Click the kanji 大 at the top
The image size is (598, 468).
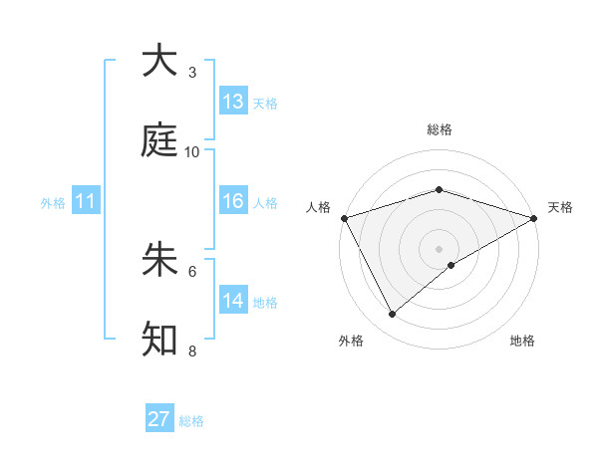(x=160, y=61)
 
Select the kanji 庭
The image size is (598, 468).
(x=160, y=140)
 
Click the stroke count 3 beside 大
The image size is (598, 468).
(x=192, y=73)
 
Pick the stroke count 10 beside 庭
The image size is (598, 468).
(x=192, y=152)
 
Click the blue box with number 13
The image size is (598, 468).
(x=233, y=102)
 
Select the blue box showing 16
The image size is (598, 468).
(x=233, y=201)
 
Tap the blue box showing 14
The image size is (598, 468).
(x=233, y=301)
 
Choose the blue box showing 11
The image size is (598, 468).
(x=86, y=201)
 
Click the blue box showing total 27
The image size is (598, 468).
(x=159, y=419)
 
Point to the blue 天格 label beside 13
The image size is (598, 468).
(x=265, y=103)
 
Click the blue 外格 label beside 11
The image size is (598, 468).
(x=53, y=202)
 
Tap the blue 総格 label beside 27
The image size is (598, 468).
(x=191, y=420)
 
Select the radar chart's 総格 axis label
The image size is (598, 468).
(x=440, y=129)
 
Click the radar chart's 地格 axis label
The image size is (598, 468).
(x=522, y=342)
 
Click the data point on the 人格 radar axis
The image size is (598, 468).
(x=345, y=218)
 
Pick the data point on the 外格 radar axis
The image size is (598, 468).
(x=393, y=315)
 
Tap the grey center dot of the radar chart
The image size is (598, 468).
(x=440, y=249)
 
